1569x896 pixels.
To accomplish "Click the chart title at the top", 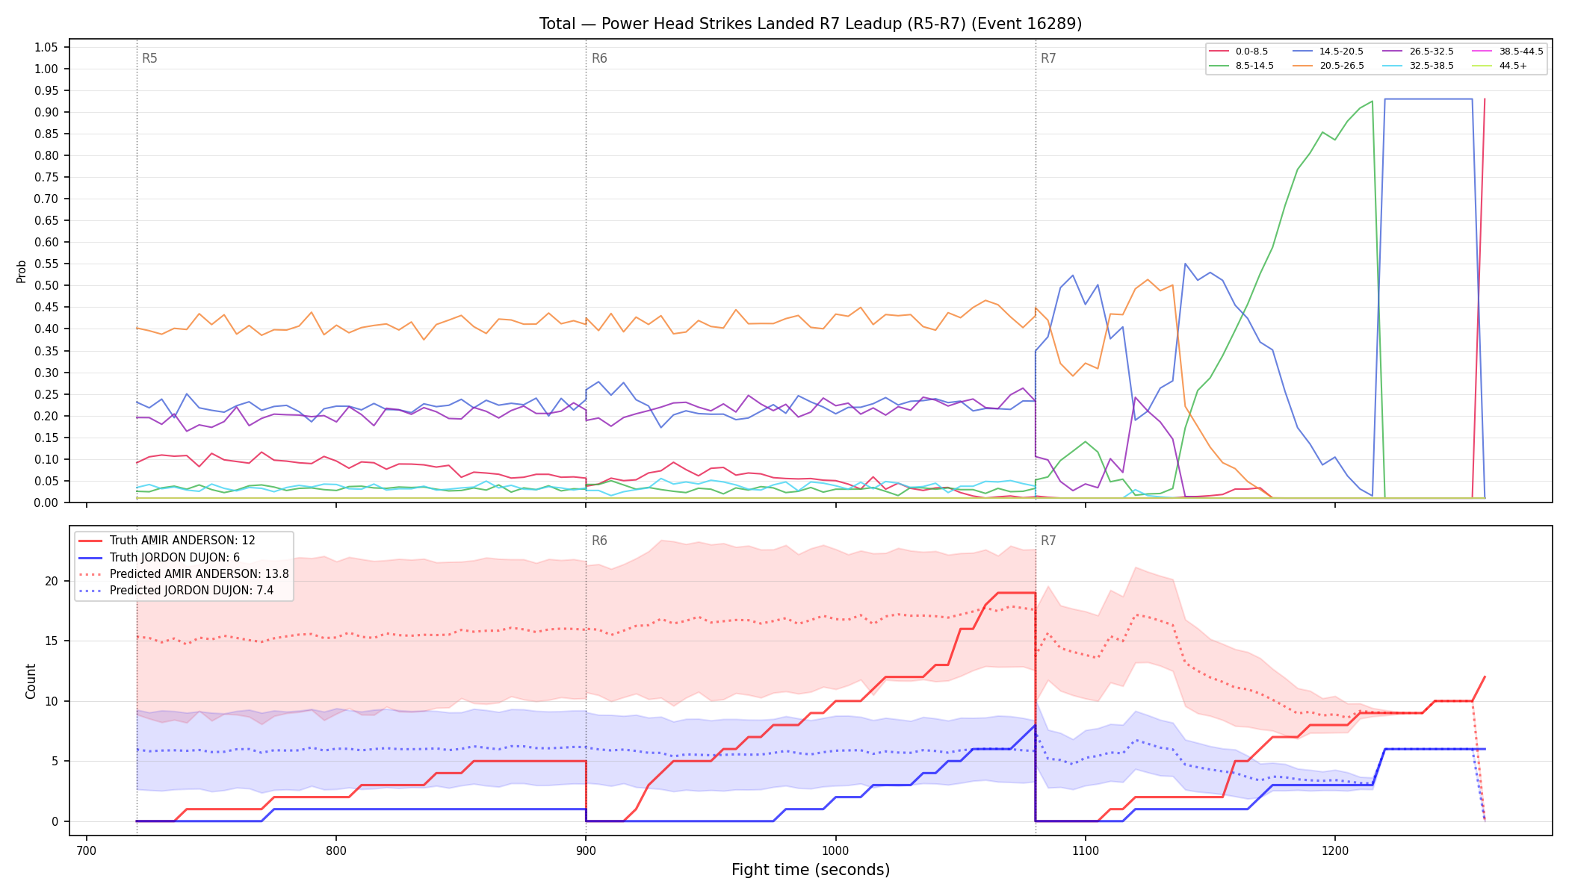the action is click(x=811, y=24).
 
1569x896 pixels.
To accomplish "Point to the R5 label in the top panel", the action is click(x=149, y=58).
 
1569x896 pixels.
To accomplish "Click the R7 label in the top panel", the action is click(x=1048, y=58).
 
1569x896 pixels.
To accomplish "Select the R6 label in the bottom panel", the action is click(x=599, y=541).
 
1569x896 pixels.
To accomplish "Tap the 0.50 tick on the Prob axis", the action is click(x=46, y=285).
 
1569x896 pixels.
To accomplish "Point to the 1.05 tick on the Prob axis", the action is click(x=46, y=47).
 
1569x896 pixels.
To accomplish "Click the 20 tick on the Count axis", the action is click(x=52, y=581).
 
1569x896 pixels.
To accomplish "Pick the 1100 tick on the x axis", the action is click(x=1085, y=850).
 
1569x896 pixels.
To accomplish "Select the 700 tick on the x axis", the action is click(x=87, y=850).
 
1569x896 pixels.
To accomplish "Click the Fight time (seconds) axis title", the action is click(x=811, y=870).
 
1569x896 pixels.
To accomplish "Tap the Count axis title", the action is click(x=31, y=681).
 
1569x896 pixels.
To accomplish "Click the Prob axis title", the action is click(x=22, y=271).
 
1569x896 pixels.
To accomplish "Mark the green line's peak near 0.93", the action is click(x=1372, y=101).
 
